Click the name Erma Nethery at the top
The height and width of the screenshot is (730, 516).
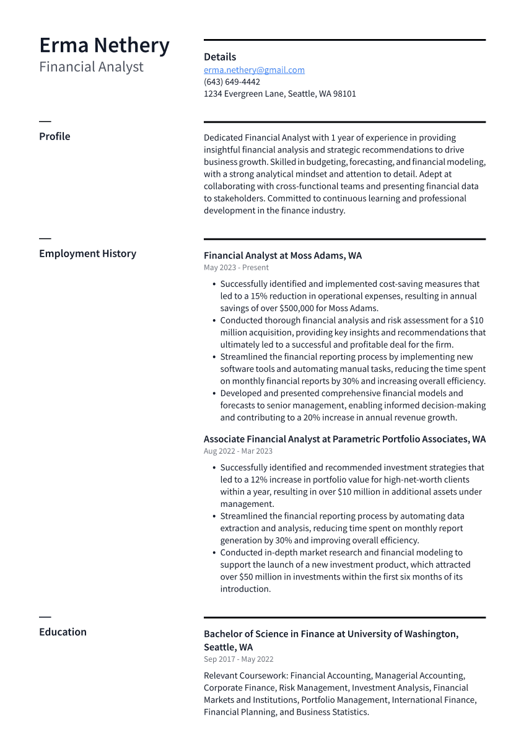[104, 46]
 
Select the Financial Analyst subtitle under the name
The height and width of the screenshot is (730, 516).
[91, 67]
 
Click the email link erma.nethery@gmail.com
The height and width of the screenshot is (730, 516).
[254, 70]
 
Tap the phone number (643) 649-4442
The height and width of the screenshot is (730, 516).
[232, 82]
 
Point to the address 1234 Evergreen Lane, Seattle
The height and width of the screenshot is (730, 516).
[279, 94]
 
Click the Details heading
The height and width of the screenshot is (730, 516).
[220, 57]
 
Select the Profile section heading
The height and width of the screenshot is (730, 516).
[55, 136]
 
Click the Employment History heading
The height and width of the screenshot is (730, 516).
[87, 253]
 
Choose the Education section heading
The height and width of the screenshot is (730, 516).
[63, 632]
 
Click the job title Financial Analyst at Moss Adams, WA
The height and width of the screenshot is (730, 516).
[282, 255]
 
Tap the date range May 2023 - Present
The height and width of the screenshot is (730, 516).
[236, 268]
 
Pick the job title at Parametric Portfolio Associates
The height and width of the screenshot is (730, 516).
[344, 439]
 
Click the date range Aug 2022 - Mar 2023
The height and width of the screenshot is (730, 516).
[238, 451]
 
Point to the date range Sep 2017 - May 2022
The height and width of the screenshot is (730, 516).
[238, 659]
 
